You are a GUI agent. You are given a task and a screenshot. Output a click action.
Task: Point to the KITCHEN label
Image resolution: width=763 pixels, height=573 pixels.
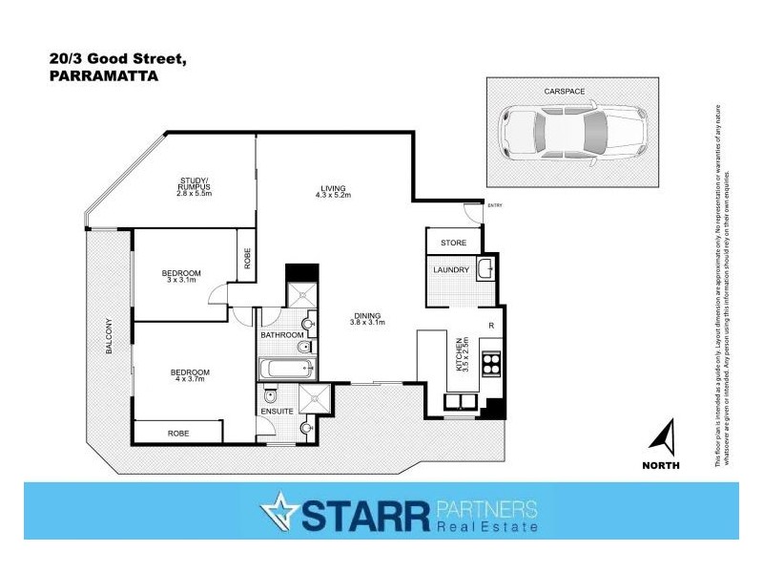[460, 353]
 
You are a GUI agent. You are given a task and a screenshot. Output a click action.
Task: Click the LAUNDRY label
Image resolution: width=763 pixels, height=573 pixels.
[451, 270]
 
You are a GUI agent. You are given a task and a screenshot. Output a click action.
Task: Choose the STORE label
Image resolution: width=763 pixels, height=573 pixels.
[453, 244]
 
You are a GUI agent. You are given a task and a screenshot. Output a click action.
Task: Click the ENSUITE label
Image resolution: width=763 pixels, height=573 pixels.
[278, 413]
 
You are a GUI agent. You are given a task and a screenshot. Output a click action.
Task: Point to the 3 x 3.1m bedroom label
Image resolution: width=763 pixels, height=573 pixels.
[181, 277]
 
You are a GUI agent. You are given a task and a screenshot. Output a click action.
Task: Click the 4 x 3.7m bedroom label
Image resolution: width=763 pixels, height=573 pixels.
[190, 375]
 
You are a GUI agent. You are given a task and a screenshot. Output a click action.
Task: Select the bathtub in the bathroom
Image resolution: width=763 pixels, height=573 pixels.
[283, 368]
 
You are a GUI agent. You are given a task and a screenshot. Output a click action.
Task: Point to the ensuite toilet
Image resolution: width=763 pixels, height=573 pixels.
[272, 394]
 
